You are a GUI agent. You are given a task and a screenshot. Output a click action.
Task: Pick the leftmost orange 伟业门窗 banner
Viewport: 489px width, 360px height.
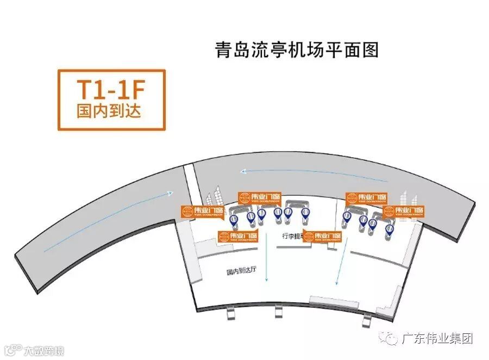coord(203,211)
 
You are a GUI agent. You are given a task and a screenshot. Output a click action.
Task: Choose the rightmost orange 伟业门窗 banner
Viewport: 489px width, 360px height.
coord(403,212)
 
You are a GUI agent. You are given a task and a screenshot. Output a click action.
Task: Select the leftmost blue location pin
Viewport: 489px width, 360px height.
coord(234,220)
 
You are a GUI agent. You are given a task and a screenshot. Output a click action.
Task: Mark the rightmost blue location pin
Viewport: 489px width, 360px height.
coord(388,228)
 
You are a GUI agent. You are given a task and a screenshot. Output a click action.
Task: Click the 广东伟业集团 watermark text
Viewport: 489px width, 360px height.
coord(437,338)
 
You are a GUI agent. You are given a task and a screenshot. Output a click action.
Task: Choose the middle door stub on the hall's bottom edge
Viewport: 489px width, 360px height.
coord(279,311)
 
